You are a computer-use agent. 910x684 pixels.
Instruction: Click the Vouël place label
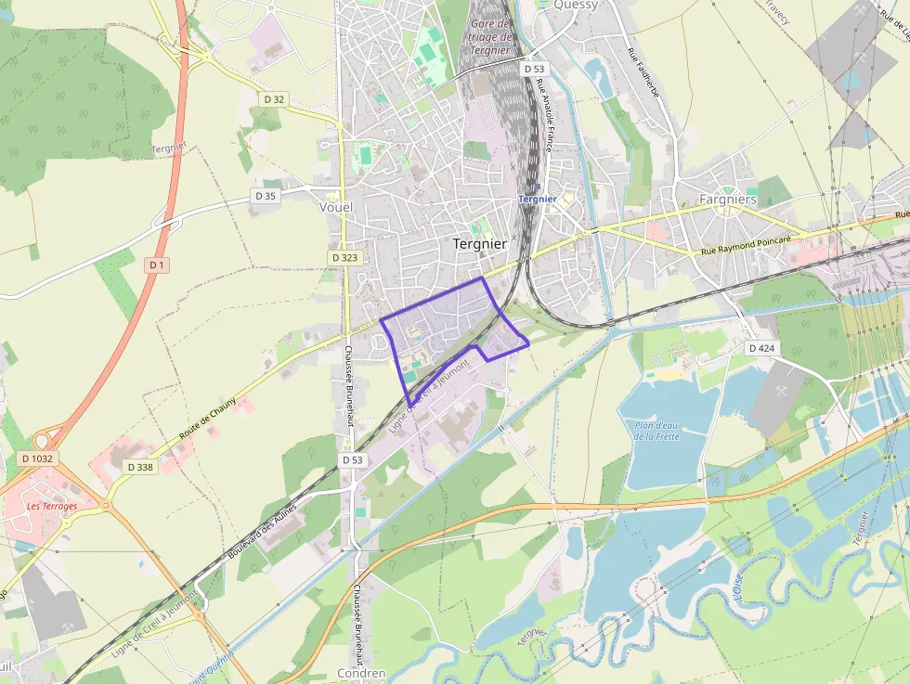click(335, 207)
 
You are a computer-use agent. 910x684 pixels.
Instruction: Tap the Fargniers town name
click(728, 200)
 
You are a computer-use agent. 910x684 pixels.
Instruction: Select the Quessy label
click(576, 5)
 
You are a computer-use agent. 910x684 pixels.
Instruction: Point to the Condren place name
click(361, 673)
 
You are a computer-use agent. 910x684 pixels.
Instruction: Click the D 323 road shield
click(344, 257)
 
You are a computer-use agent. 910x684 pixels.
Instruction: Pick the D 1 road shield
click(157, 265)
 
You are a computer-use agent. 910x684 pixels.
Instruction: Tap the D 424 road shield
click(760, 348)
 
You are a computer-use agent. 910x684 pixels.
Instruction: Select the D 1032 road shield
click(38, 458)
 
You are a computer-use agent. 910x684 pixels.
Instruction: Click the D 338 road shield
click(139, 467)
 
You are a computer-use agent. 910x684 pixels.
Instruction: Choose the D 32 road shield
click(274, 98)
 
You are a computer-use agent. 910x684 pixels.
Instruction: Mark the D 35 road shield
click(265, 196)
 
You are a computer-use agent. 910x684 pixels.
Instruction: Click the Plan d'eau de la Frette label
click(657, 431)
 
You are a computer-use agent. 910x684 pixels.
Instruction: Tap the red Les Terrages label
click(52, 506)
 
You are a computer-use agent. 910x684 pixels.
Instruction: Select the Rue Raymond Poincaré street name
click(746, 245)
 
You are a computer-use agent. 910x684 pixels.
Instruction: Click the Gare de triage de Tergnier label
click(490, 36)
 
